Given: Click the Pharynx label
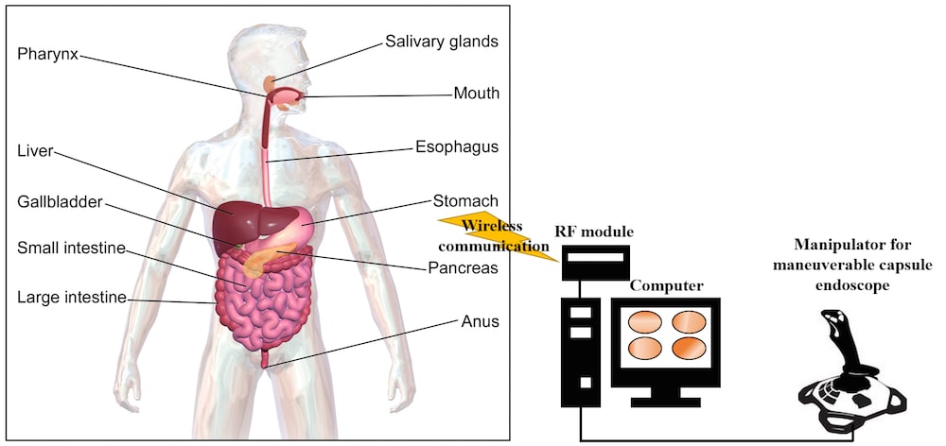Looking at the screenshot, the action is coord(47,53).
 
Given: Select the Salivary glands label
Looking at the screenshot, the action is coord(441,42).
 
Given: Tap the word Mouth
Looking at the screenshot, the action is coord(476,94).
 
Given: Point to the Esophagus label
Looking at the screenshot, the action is coord(456,147).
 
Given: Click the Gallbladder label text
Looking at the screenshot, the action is coord(59,202).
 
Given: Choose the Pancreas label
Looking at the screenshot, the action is coord(463,267).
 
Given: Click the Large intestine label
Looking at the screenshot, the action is coord(71,299).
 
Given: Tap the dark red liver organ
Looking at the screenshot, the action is coord(237,222).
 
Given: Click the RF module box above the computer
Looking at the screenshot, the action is coord(594,261).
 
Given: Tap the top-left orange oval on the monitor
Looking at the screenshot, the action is coord(646,320).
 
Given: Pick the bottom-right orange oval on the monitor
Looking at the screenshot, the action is coord(690,347).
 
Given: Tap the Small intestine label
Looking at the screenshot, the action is coord(71,249).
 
